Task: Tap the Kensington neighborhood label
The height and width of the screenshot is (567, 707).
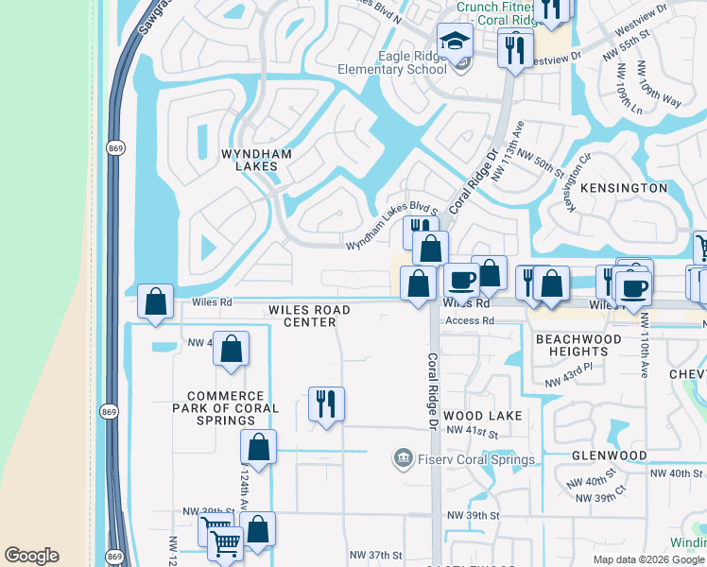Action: (624, 188)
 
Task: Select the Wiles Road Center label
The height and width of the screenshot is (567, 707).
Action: (308, 316)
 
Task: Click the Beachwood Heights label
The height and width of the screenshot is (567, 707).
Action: (578, 345)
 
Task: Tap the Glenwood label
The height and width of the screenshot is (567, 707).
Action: (610, 455)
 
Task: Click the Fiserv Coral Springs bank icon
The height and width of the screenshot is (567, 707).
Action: (402, 459)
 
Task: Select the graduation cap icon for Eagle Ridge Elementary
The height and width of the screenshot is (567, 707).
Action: (454, 42)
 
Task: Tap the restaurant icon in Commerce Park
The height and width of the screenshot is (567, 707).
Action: (326, 404)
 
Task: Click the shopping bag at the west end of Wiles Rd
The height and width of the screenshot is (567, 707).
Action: (156, 301)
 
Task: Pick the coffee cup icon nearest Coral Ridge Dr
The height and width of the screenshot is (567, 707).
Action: (461, 281)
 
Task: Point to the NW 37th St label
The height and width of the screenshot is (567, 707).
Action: (375, 555)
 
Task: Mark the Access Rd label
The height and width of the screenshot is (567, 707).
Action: (470, 321)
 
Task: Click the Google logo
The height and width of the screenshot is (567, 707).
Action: (31, 556)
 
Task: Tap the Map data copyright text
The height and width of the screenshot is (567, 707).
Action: (648, 559)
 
